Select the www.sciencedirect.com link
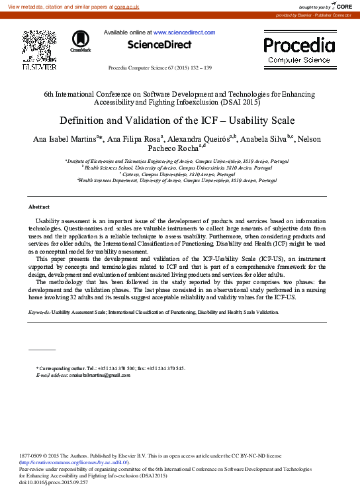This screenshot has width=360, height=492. [184, 32]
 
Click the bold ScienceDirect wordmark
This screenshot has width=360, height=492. [159, 45]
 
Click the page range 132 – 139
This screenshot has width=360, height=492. [199, 68]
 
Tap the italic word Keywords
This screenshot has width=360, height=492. [38, 311]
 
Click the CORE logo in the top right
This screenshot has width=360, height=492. [340, 6]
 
